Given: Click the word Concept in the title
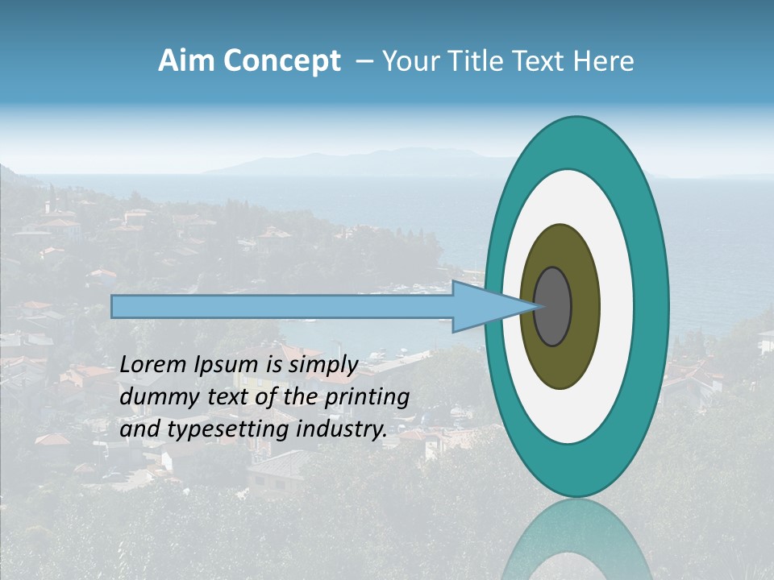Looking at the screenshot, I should pos(281,61).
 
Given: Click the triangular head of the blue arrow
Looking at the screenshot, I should pos(484,307).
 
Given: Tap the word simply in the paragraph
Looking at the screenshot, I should pos(322,365).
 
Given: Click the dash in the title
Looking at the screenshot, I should pos(364,61).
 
